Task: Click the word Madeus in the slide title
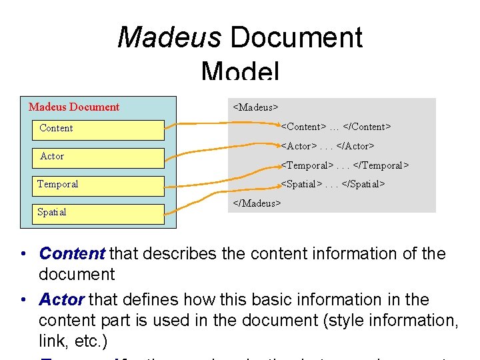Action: tap(169, 37)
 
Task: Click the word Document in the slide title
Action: tap(296, 37)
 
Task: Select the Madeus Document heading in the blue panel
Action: tap(74, 107)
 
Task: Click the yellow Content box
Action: tap(98, 129)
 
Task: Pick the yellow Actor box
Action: tap(98, 157)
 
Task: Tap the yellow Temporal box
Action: tap(98, 185)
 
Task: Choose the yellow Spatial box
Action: tap(98, 213)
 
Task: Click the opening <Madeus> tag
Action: tap(255, 107)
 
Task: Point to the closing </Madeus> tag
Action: tap(257, 203)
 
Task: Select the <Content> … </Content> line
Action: tap(335, 126)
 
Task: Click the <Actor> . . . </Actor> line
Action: tap(327, 145)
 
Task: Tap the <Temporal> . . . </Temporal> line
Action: tap(345, 165)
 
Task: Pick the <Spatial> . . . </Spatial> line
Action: tap(333, 184)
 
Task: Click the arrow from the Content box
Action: tap(220, 123)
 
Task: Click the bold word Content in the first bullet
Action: tap(72, 253)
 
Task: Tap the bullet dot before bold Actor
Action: tap(24, 300)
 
